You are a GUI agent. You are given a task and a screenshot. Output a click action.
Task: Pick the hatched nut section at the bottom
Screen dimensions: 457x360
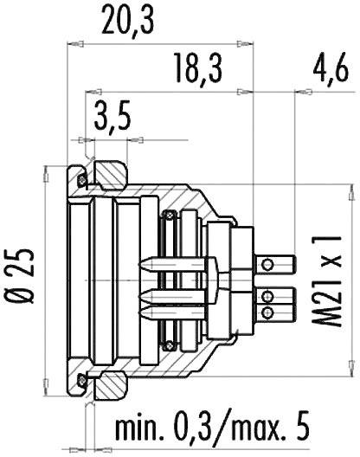pyautogui.click(x=109, y=385)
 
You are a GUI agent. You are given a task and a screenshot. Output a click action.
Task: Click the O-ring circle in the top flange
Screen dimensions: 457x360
pyautogui.click(x=82, y=179)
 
